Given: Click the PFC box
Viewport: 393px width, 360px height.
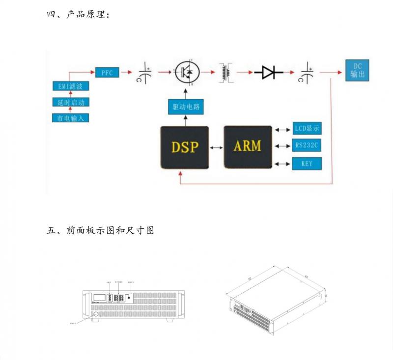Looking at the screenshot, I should coord(107,73).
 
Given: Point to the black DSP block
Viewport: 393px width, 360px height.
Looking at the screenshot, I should coord(185,146).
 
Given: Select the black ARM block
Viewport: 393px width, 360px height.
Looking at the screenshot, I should coord(248,146).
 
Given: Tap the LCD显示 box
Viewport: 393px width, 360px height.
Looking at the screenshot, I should coord(307,129).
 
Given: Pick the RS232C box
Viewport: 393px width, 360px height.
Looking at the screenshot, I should coord(307,145).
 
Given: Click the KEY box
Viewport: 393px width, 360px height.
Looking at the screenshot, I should coord(307,163).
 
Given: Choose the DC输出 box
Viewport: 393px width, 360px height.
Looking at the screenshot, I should coord(357,71).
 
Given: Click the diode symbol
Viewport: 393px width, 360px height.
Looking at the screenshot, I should coord(269,73).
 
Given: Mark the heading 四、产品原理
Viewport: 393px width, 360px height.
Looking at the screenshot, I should coord(78,15).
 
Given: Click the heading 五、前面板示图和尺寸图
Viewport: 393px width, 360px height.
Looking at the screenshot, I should coord(100,230).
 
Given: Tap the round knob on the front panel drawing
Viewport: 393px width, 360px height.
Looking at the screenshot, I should coord(94,314).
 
